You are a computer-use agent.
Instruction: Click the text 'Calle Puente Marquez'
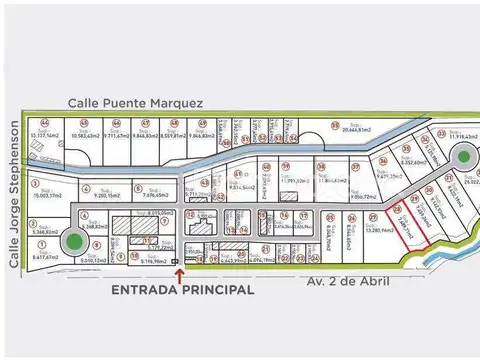point(136,103)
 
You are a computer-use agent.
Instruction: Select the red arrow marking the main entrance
point(179,271)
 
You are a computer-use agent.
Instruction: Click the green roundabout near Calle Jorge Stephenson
point(73,241)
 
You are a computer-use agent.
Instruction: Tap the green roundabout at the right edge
point(464,156)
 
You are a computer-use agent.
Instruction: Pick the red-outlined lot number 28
point(399,211)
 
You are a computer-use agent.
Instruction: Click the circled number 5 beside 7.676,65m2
point(128,187)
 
